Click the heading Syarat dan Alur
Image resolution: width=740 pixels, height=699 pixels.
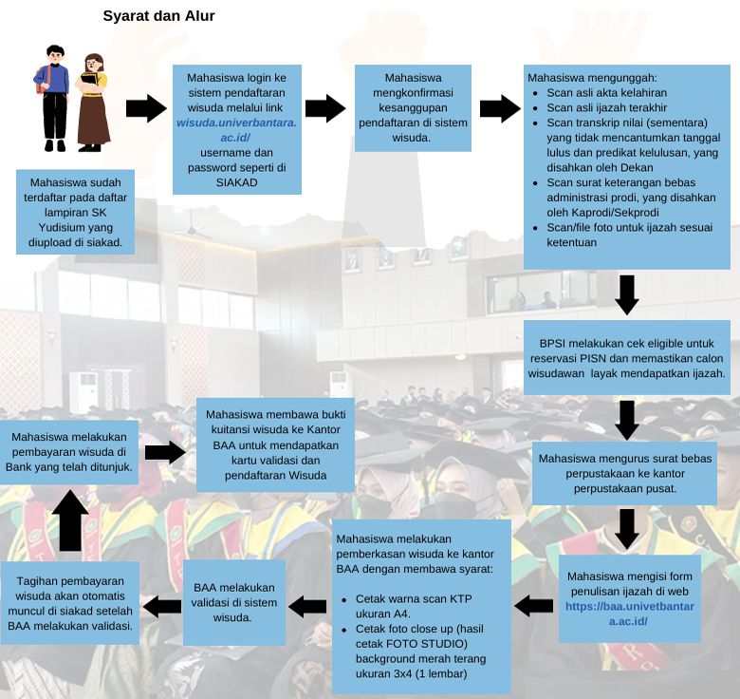158,16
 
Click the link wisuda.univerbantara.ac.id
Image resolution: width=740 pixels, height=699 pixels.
236,131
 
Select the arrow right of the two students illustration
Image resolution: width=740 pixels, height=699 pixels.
145,109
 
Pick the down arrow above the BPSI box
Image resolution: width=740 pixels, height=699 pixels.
626,295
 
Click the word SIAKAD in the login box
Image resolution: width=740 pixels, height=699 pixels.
236,181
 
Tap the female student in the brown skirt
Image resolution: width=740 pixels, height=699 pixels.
92,102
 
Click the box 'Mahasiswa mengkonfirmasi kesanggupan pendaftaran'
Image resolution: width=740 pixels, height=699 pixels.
413,107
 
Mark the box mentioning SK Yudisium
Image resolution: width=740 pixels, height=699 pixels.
75,213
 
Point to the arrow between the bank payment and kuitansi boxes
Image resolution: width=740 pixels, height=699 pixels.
164,452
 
